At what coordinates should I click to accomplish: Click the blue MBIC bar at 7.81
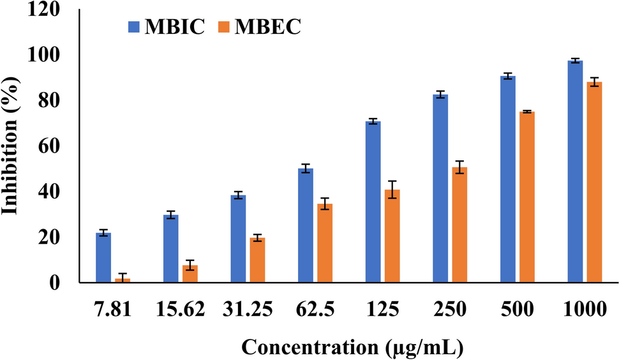pyautogui.click(x=103, y=257)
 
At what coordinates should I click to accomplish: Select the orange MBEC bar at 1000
pyautogui.click(x=594, y=182)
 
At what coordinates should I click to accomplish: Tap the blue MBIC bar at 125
pyautogui.click(x=373, y=201)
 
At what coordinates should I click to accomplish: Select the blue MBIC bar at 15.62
pyautogui.click(x=170, y=248)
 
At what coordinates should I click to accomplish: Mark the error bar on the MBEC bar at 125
pyautogui.click(x=392, y=190)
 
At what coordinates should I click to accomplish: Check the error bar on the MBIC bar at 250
pyautogui.click(x=440, y=94)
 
